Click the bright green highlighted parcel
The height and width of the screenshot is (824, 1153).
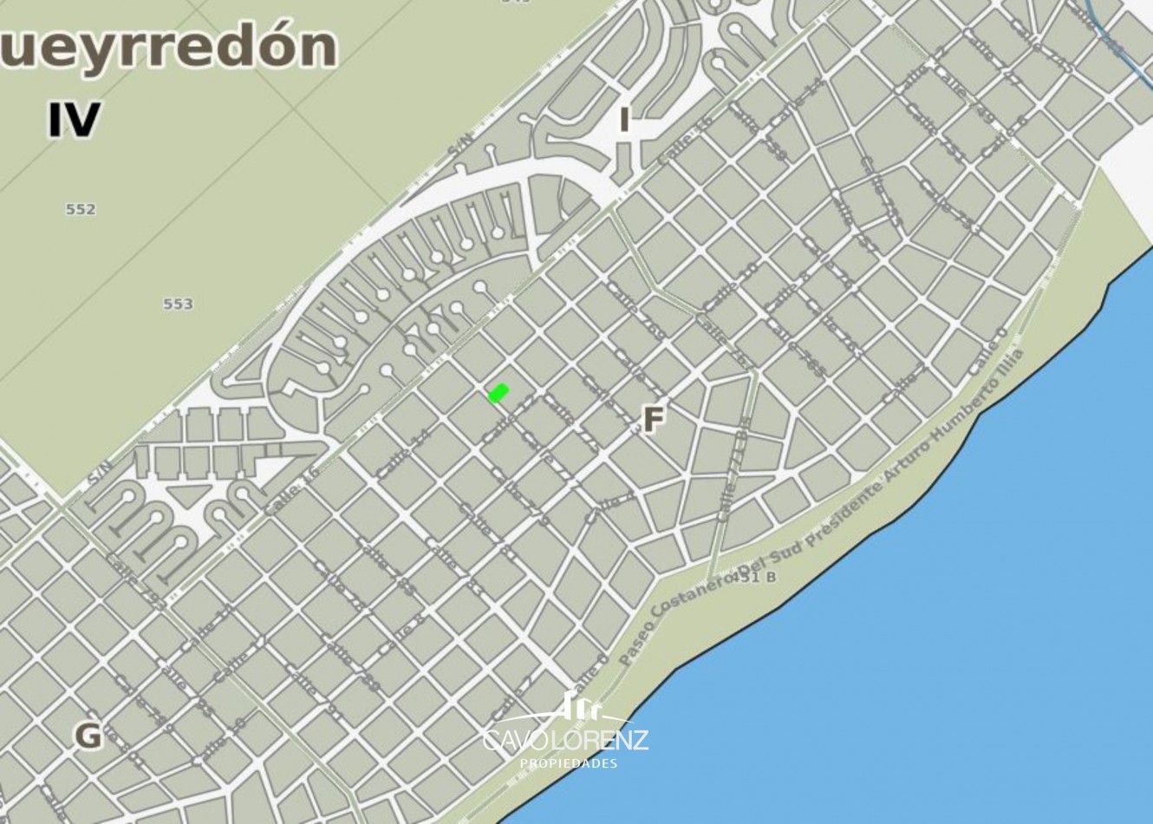pyautogui.click(x=498, y=393)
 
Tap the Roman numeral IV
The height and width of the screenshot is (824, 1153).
pyautogui.click(x=74, y=121)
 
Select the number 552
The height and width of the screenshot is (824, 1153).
pyautogui.click(x=81, y=209)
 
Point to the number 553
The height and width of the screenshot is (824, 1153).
pyautogui.click(x=178, y=304)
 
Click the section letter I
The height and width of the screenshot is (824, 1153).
pyautogui.click(x=623, y=120)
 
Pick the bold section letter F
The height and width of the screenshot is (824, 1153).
pyautogui.click(x=653, y=421)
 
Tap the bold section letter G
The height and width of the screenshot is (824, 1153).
pyautogui.click(x=88, y=736)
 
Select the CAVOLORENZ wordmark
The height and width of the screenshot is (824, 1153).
pyautogui.click(x=565, y=741)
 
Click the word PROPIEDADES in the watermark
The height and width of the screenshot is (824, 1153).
pyautogui.click(x=568, y=763)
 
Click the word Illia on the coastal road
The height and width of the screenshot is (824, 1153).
pyautogui.click(x=1013, y=365)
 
